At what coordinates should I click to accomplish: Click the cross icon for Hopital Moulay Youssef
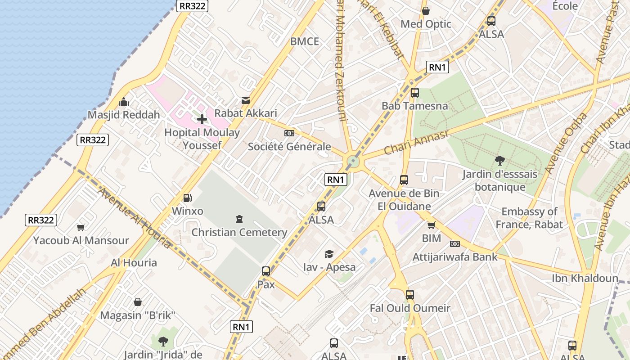coord(202,119)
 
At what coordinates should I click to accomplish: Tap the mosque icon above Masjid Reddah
coord(124,102)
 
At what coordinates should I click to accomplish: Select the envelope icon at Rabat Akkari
coord(246,100)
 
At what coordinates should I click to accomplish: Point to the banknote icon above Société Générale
coord(289,133)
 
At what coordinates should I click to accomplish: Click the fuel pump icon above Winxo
coord(187,198)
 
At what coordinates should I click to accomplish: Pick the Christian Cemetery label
coord(239,232)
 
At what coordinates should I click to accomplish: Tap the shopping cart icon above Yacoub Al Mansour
coord(81,227)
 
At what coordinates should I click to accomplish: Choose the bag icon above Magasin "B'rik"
coord(138,302)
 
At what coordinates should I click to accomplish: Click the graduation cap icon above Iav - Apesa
coord(329,254)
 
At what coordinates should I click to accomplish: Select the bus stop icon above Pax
coord(266,271)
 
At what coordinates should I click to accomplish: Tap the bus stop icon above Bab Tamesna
coord(415,93)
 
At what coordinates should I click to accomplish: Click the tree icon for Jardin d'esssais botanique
coord(499,160)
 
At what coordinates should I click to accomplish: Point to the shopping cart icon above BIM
coord(432,225)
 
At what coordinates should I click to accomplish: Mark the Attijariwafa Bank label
coord(455,257)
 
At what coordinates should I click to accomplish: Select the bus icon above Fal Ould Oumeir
coord(409,295)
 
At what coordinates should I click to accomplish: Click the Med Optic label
coord(426,24)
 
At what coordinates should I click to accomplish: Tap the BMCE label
coord(305,41)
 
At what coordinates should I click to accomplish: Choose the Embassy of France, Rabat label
coord(529,218)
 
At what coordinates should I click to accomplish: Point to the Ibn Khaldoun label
coord(585,278)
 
